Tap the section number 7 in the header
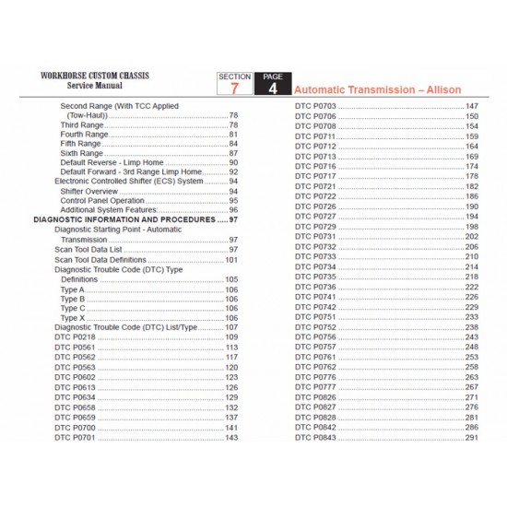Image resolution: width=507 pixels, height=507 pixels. point(232,88)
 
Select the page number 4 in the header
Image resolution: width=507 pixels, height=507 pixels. point(272,88)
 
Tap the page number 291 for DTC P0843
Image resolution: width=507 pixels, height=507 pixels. point(473,436)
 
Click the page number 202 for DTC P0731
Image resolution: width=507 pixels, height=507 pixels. point(473,237)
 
